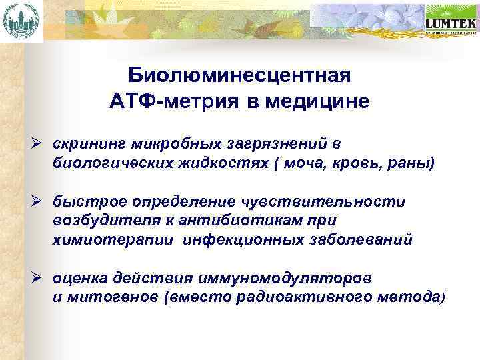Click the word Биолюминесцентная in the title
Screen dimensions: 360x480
pyautogui.click(x=239, y=75)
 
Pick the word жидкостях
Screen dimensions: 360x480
pyautogui.click(x=219, y=163)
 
